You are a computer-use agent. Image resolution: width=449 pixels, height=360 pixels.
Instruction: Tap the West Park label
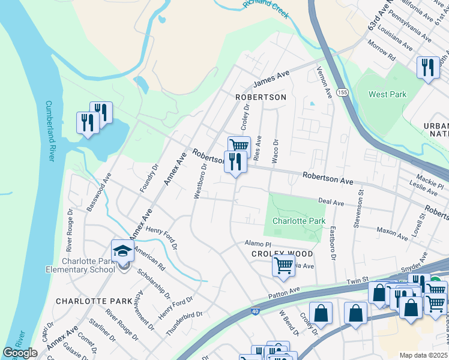(387, 94)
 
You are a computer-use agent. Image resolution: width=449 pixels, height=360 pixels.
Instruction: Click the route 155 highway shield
(342, 92)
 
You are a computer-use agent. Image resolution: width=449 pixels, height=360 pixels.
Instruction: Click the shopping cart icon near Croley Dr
(239, 145)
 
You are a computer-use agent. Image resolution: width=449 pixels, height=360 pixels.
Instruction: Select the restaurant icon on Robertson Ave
(235, 161)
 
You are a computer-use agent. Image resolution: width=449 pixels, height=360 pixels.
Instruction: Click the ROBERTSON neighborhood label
(261, 97)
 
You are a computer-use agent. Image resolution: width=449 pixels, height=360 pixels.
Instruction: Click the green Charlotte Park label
(299, 221)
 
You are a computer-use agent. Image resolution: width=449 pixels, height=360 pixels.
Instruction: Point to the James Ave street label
(271, 78)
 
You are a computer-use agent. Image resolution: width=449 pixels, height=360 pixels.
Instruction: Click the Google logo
(20, 352)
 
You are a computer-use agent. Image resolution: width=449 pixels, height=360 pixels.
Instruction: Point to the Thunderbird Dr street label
(185, 314)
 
